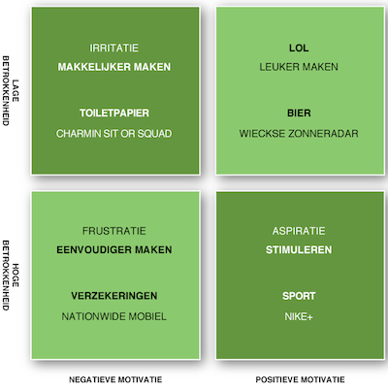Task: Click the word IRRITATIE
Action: (x=114, y=49)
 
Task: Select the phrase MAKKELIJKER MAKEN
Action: (x=114, y=67)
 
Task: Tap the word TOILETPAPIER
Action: (x=114, y=113)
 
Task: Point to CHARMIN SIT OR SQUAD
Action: (x=114, y=134)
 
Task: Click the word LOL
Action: (x=299, y=49)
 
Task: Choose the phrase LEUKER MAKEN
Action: (x=299, y=67)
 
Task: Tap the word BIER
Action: (x=299, y=113)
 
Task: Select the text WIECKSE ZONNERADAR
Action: (x=299, y=134)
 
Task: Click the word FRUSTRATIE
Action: (x=114, y=231)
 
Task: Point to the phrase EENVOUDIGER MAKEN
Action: (x=114, y=249)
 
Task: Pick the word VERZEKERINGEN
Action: (x=114, y=296)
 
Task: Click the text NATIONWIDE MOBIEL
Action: (x=114, y=316)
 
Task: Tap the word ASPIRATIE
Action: (x=299, y=231)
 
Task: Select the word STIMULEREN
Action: (x=299, y=249)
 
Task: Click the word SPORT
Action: (x=299, y=296)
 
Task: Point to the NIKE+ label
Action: (x=299, y=316)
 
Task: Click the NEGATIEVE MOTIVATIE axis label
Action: (x=115, y=379)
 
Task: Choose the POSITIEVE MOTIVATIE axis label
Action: (x=300, y=379)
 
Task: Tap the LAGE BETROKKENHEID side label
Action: (x=11, y=91)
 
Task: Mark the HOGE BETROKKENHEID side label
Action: (x=11, y=276)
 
